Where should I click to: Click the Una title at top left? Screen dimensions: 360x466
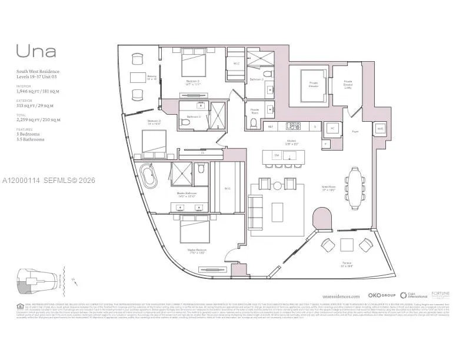(36, 51)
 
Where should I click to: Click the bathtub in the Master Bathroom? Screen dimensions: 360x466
(147, 175)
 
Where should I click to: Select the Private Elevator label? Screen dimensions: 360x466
(314, 84)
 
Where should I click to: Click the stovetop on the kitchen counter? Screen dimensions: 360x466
(293, 125)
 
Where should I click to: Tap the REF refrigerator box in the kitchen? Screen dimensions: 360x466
(271, 126)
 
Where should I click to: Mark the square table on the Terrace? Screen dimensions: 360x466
(346, 244)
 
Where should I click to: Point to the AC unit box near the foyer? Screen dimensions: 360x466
(331, 128)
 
